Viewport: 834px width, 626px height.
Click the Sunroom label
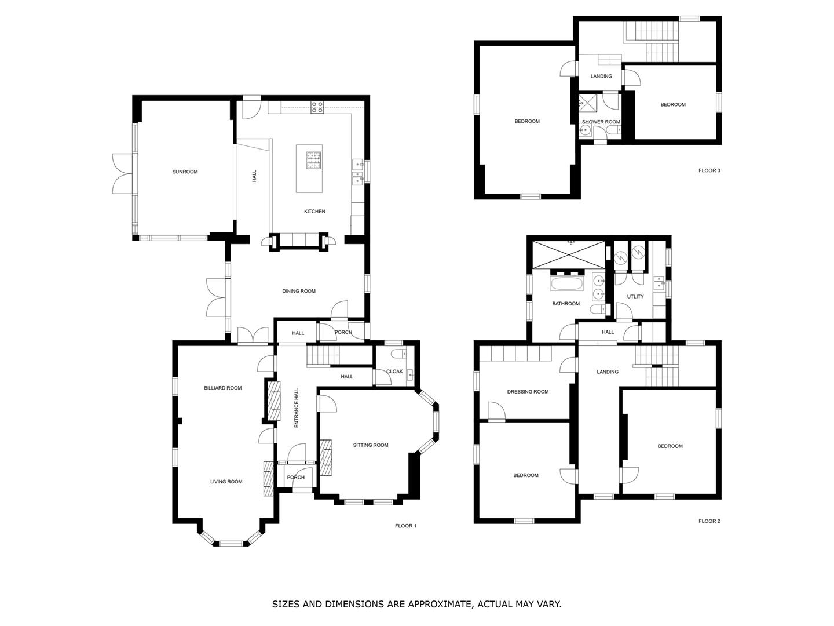pyautogui.click(x=185, y=172)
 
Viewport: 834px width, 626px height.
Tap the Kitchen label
pyautogui.click(x=314, y=212)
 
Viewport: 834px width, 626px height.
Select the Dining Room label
pyautogui.click(x=299, y=291)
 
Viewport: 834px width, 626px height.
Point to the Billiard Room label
pyautogui.click(x=222, y=388)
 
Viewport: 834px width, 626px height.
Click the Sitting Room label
pyautogui.click(x=371, y=445)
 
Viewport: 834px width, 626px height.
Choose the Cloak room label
pyautogui.click(x=394, y=372)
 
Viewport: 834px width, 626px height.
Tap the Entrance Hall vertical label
pyautogui.click(x=297, y=407)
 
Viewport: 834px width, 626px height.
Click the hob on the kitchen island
pyautogui.click(x=313, y=160)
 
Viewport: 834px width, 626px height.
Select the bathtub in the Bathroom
pyautogui.click(x=566, y=283)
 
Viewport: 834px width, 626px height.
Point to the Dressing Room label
pyautogui.click(x=528, y=391)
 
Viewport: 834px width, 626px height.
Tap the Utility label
pyautogui.click(x=635, y=296)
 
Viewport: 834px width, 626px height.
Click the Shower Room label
pyautogui.click(x=601, y=122)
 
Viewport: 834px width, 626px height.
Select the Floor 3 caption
pyautogui.click(x=709, y=170)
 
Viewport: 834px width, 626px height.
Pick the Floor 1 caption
pyautogui.click(x=405, y=526)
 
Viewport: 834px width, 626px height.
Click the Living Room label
pyautogui.click(x=226, y=482)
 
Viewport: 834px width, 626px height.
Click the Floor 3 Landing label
pyautogui.click(x=601, y=76)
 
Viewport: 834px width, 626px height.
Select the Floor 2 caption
pyautogui.click(x=709, y=521)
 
